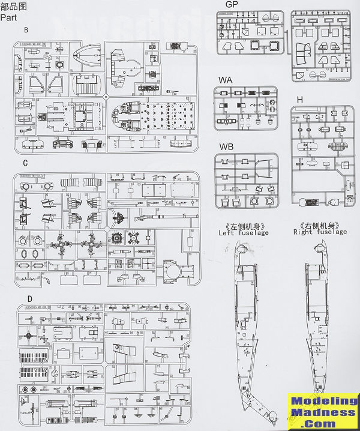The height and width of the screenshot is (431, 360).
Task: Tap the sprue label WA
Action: coord(226,79)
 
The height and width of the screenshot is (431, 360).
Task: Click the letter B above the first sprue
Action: coord(26,29)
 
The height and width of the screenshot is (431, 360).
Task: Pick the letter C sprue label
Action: coord(26,163)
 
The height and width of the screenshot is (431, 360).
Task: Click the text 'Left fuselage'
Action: coord(245,232)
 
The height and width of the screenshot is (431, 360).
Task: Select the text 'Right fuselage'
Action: coord(320,232)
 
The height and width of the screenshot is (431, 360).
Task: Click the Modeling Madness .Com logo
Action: coord(322,412)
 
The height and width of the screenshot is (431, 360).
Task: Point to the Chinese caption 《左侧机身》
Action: coord(244,225)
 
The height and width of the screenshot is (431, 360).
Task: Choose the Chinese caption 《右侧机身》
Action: coord(320,225)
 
